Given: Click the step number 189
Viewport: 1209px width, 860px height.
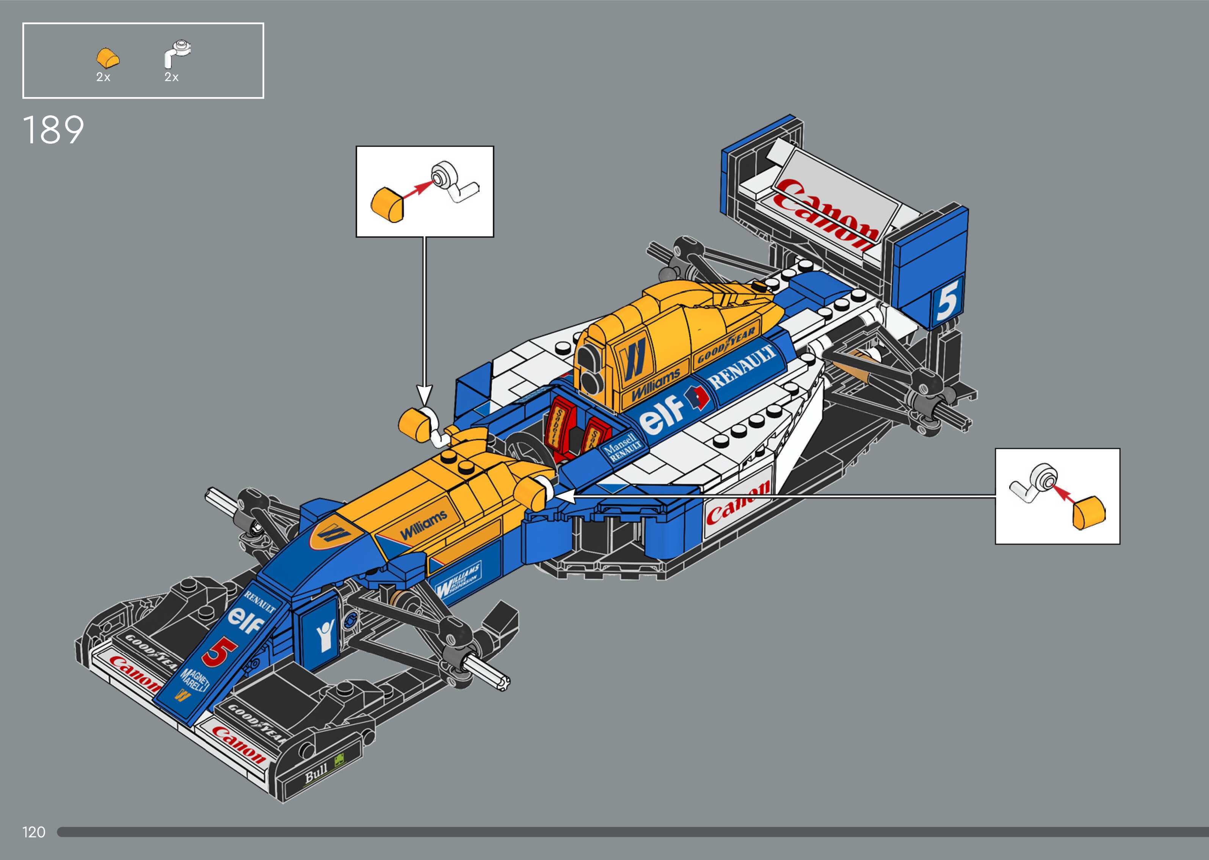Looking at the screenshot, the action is pos(53,130).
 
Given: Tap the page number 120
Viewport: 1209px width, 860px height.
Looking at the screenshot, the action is pos(34,832).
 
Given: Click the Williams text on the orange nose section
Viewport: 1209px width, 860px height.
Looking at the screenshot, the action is pos(423,524).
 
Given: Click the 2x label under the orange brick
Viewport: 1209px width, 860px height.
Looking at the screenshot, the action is pos(103,77).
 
